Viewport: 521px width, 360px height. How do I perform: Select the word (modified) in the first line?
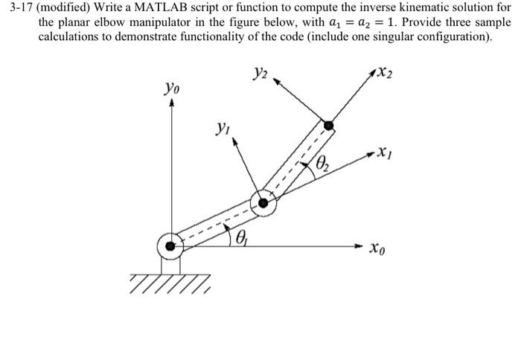point(65,9)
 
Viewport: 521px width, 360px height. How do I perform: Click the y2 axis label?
point(260,73)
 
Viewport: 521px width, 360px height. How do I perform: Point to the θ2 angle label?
point(322,164)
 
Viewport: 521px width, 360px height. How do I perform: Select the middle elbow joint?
point(263,202)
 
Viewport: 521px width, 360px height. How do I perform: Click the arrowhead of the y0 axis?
point(173,105)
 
